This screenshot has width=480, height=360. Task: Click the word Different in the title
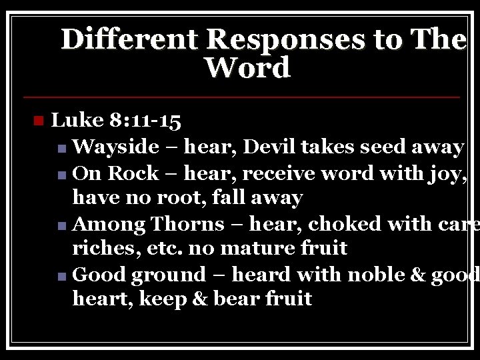[x=130, y=40]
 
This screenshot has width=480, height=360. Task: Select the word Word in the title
[x=248, y=68]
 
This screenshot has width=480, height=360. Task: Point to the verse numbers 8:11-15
[x=144, y=121]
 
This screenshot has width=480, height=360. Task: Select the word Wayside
[x=115, y=147]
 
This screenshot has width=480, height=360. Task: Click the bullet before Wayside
[x=62, y=148]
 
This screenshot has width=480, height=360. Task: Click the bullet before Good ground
[x=62, y=275]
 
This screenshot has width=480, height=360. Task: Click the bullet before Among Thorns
[x=62, y=224]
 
